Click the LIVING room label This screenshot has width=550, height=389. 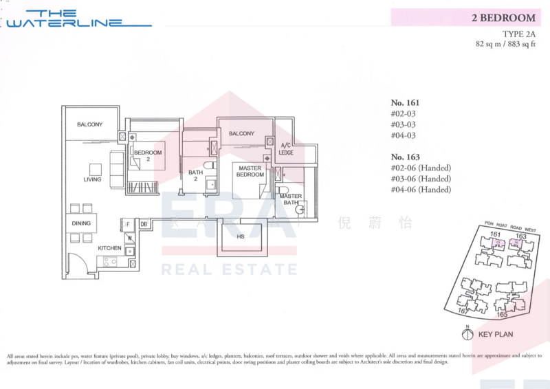coord(92,179)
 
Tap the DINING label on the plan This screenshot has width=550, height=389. coord(81,223)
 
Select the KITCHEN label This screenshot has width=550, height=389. coord(109,247)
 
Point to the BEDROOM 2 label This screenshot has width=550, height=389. coord(148,155)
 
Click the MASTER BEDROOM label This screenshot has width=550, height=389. coord(250,171)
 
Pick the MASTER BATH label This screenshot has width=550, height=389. coord(291,199)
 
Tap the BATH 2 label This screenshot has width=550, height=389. coord(195,176)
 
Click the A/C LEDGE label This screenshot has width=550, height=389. coord(286,148)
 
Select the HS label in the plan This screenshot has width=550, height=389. coord(241,237)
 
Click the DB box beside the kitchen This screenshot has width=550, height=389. coord(144,224)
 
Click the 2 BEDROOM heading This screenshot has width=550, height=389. coord(503,18)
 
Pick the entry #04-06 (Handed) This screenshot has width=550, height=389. coord(421,190)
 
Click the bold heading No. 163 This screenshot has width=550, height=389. coord(405,157)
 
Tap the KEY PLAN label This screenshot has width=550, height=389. coord(496,335)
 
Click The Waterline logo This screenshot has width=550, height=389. coord(77,19)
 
